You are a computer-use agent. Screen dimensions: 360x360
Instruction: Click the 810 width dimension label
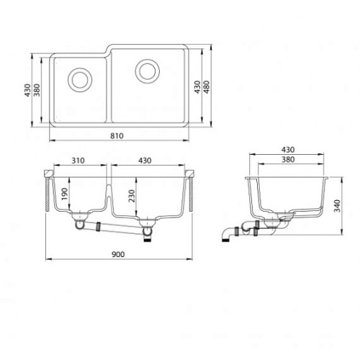point(117,136)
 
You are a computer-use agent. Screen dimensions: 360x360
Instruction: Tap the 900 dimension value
point(118,254)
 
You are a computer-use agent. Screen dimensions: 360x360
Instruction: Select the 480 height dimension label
point(207,87)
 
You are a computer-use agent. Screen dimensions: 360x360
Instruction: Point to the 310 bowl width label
point(78,161)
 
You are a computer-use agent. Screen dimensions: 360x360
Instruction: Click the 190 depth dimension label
point(65,194)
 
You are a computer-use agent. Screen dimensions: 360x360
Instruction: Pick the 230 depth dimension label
point(132,196)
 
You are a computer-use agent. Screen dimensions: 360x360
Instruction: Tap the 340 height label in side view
point(337,206)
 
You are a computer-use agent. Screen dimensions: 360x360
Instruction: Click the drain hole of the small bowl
point(80,80)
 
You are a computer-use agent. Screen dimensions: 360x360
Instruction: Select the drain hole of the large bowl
point(148,71)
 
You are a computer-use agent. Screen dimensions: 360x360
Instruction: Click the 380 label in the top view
point(37,90)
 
